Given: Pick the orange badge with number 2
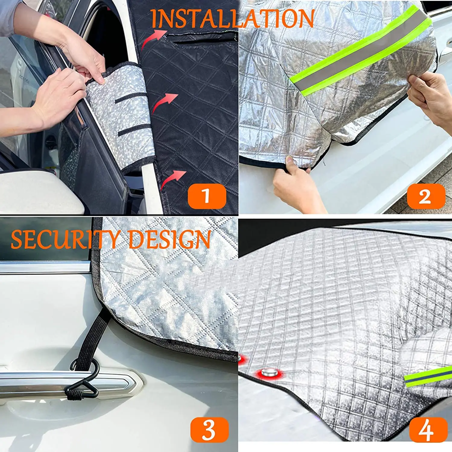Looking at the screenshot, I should point(426,196).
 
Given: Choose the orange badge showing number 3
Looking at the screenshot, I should point(209,429).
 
